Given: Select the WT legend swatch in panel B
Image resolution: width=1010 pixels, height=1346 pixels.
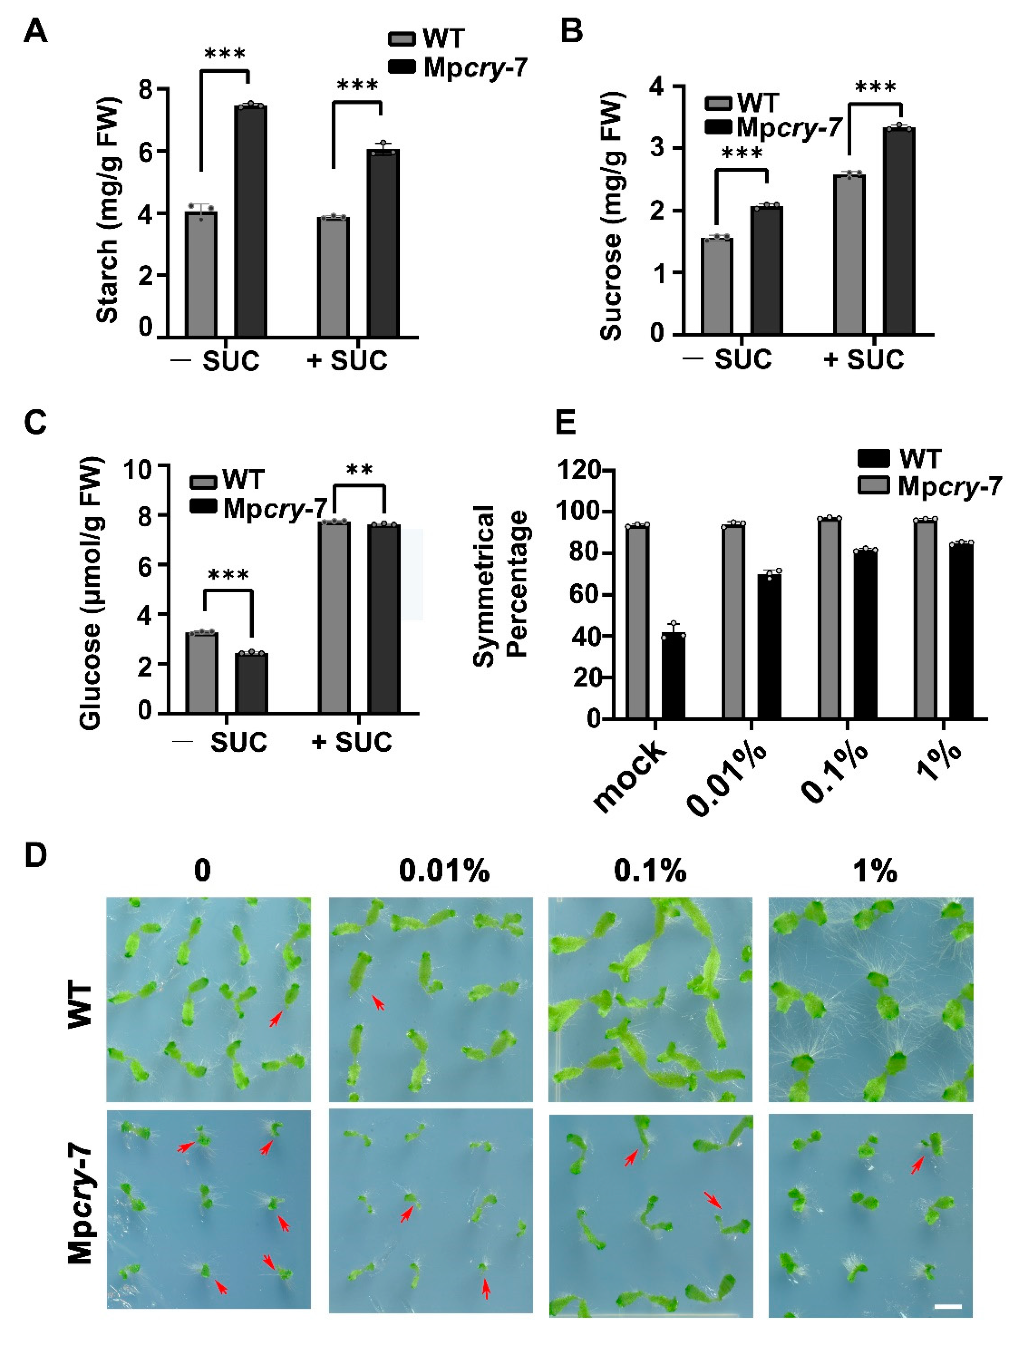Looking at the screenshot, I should point(718,103).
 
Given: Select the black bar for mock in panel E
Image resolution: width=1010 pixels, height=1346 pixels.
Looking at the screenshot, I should point(673,676).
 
